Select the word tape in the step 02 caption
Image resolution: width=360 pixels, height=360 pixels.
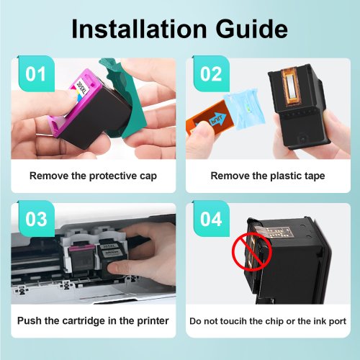(x=313, y=176)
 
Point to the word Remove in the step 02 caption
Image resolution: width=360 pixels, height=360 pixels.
(x=226, y=176)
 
